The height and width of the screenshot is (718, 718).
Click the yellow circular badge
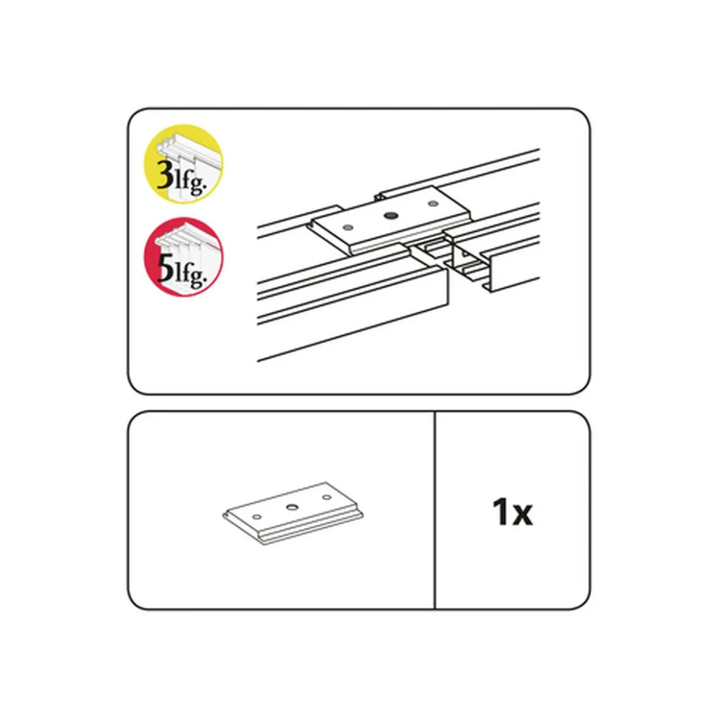click(183, 164)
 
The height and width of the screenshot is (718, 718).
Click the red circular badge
click(183, 257)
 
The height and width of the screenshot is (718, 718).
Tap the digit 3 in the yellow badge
click(165, 175)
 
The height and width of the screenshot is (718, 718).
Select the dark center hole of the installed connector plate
click(390, 215)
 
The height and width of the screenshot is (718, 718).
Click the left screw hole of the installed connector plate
click(349, 226)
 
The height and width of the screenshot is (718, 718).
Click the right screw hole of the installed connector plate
click(432, 203)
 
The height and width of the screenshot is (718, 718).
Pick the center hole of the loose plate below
click(292, 506)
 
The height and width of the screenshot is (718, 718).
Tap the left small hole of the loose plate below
click(257, 517)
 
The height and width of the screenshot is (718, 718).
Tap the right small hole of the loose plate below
click(326, 497)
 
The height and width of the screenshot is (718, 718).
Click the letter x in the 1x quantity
click(522, 515)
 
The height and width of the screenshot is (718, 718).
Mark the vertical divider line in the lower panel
click(434, 510)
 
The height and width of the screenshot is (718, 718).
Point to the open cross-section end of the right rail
click(469, 263)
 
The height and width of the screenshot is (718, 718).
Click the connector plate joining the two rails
click(390, 220)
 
